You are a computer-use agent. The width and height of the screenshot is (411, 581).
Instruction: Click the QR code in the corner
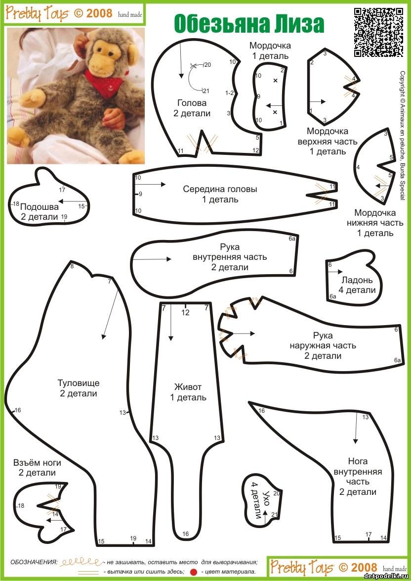(x=378, y=32)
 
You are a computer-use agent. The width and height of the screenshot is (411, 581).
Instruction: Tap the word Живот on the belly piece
(x=188, y=387)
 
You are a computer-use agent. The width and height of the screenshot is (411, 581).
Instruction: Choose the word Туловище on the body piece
(x=79, y=383)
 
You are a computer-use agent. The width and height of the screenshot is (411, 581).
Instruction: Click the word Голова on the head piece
(x=192, y=102)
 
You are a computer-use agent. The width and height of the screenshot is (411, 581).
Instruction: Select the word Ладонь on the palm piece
(x=357, y=280)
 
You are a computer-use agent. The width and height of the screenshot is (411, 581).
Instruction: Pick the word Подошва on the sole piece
(x=39, y=207)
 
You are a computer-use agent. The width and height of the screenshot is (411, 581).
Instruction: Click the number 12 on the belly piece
(x=185, y=313)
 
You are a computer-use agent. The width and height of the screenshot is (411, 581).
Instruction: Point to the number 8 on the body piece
(x=72, y=266)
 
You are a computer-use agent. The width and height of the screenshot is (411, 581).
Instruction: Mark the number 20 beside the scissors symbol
(x=207, y=65)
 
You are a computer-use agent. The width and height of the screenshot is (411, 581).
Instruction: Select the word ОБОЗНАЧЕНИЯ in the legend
(x=34, y=562)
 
